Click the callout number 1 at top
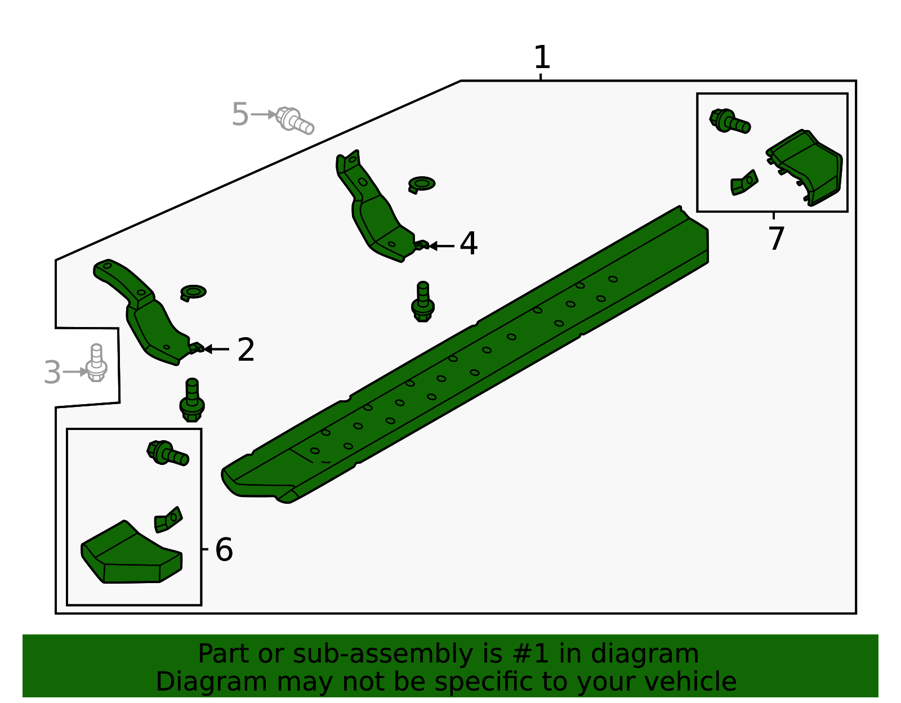[541, 57]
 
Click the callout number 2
[246, 350]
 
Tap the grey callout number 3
[52, 373]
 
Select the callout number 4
[469, 244]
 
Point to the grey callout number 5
[240, 115]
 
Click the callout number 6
[224, 549]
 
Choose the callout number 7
[776, 239]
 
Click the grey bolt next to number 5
[295, 120]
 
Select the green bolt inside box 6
[167, 453]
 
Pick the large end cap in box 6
[131, 554]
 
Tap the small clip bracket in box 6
[168, 520]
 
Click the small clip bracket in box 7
[744, 183]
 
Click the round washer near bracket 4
[421, 184]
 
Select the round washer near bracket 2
[193, 292]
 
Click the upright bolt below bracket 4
[423, 302]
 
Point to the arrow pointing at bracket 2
[216, 350]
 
